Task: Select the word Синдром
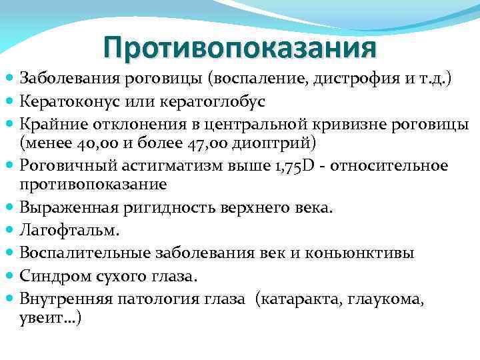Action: tap(52, 275)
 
